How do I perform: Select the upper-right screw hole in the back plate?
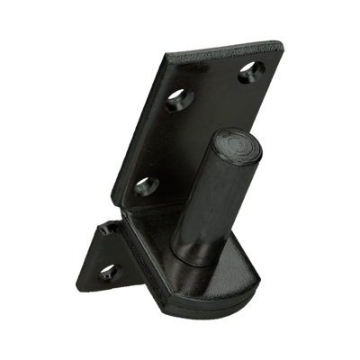245,75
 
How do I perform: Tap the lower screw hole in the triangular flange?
111,272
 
